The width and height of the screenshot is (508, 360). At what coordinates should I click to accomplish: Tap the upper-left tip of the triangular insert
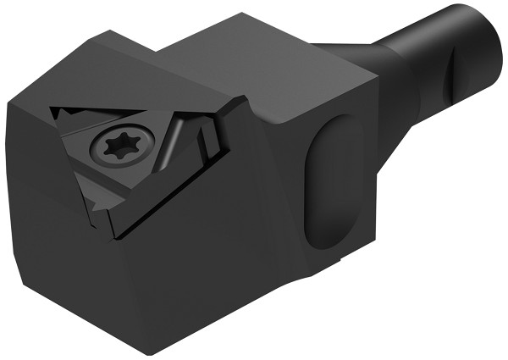click(52, 110)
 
